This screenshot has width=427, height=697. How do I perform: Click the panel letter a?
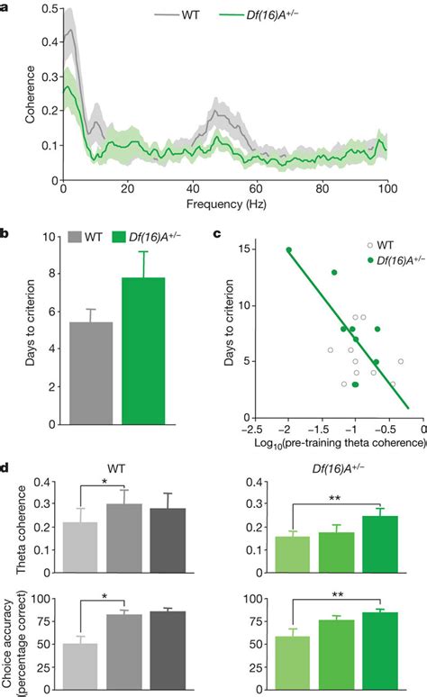point(5,8)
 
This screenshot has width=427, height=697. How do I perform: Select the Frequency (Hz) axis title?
point(224,204)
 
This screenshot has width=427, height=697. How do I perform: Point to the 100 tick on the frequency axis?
point(387,190)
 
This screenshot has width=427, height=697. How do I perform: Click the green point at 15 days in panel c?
point(288,276)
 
